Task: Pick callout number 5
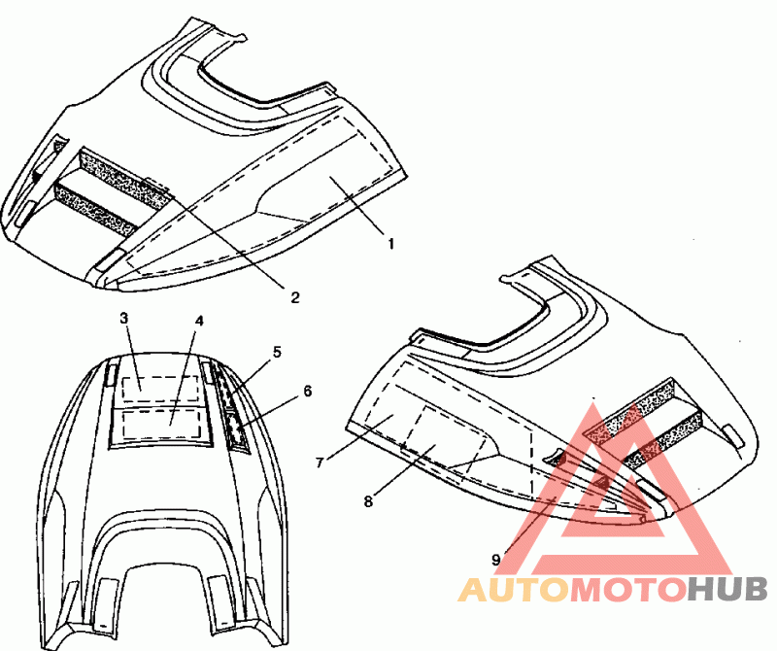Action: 277,352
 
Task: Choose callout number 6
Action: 307,391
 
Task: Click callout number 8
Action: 368,502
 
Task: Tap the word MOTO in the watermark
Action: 625,589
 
